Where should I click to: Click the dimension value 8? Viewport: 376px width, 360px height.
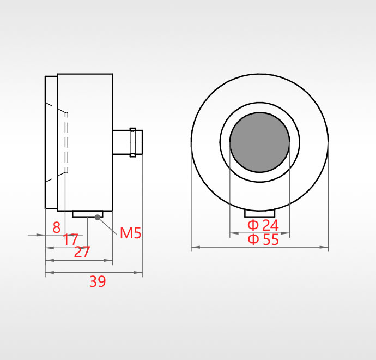[x=57, y=227]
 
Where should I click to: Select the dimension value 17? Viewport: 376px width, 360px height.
[x=71, y=239]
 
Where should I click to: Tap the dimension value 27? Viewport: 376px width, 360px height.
[x=82, y=252]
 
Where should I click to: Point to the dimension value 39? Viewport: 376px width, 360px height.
[x=98, y=281]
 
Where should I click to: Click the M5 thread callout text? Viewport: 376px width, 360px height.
[x=130, y=233]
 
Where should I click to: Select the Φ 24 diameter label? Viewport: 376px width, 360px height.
[x=263, y=225]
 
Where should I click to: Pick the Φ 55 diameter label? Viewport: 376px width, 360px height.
[x=263, y=239]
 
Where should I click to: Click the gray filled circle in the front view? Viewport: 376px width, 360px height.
[x=260, y=142]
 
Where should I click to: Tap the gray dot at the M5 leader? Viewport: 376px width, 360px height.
[x=98, y=218]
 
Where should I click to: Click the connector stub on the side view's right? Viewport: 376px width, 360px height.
[x=128, y=142]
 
